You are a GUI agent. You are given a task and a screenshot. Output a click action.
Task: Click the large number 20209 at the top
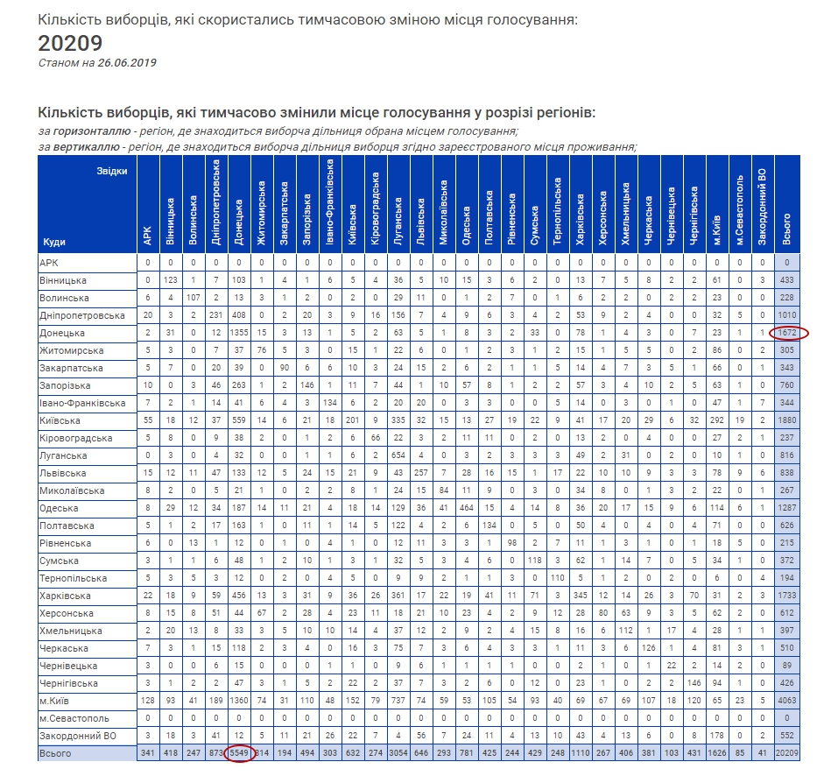71,43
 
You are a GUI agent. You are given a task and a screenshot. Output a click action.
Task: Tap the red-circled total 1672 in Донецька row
786,333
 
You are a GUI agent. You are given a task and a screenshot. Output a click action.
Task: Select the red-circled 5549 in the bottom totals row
239,753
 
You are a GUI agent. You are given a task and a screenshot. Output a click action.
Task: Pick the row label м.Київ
54,701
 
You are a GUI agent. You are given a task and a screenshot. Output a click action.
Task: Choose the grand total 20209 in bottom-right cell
786,753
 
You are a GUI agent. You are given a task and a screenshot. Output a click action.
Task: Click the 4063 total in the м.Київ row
786,701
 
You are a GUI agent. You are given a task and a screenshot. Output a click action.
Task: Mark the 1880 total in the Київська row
786,420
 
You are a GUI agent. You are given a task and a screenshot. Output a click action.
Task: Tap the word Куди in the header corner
54,241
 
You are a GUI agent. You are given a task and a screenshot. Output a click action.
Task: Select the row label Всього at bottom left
56,753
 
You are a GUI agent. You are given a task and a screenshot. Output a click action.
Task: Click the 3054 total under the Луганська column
398,753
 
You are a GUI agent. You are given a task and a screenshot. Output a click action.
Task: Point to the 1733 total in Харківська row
786,596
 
